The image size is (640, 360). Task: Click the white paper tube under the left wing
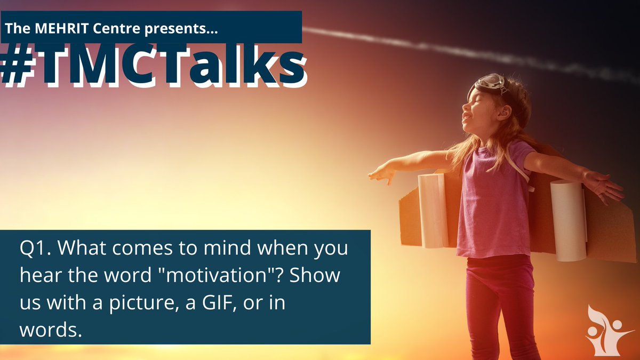(x=433, y=210)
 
